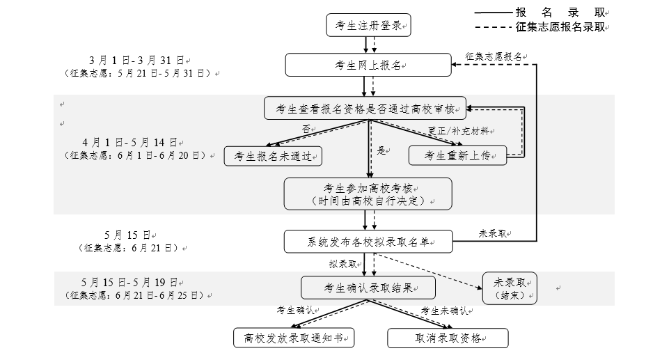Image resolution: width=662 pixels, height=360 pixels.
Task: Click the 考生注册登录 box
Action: pos(368,26)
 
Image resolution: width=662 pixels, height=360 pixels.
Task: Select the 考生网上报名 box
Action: pos(368,65)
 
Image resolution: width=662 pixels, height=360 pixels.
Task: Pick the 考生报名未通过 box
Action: pos(273,156)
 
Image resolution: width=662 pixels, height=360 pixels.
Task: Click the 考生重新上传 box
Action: pos(457,156)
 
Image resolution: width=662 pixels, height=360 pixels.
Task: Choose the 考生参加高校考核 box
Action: pos(368,194)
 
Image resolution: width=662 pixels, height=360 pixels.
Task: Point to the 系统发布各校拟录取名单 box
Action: pos(368,242)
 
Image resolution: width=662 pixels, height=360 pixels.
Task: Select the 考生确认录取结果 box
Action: pos(368,288)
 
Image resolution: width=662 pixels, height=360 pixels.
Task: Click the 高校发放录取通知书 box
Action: pos(293,338)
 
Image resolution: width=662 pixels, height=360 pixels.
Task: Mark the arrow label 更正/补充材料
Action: pos(459,131)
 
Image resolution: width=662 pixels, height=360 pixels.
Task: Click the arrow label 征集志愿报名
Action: pos(493,56)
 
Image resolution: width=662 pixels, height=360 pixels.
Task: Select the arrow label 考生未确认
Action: pos(443,311)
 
